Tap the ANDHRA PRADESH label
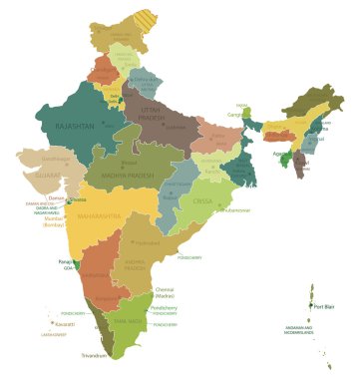[x=136, y=264]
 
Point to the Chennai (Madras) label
[x=166, y=293]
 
